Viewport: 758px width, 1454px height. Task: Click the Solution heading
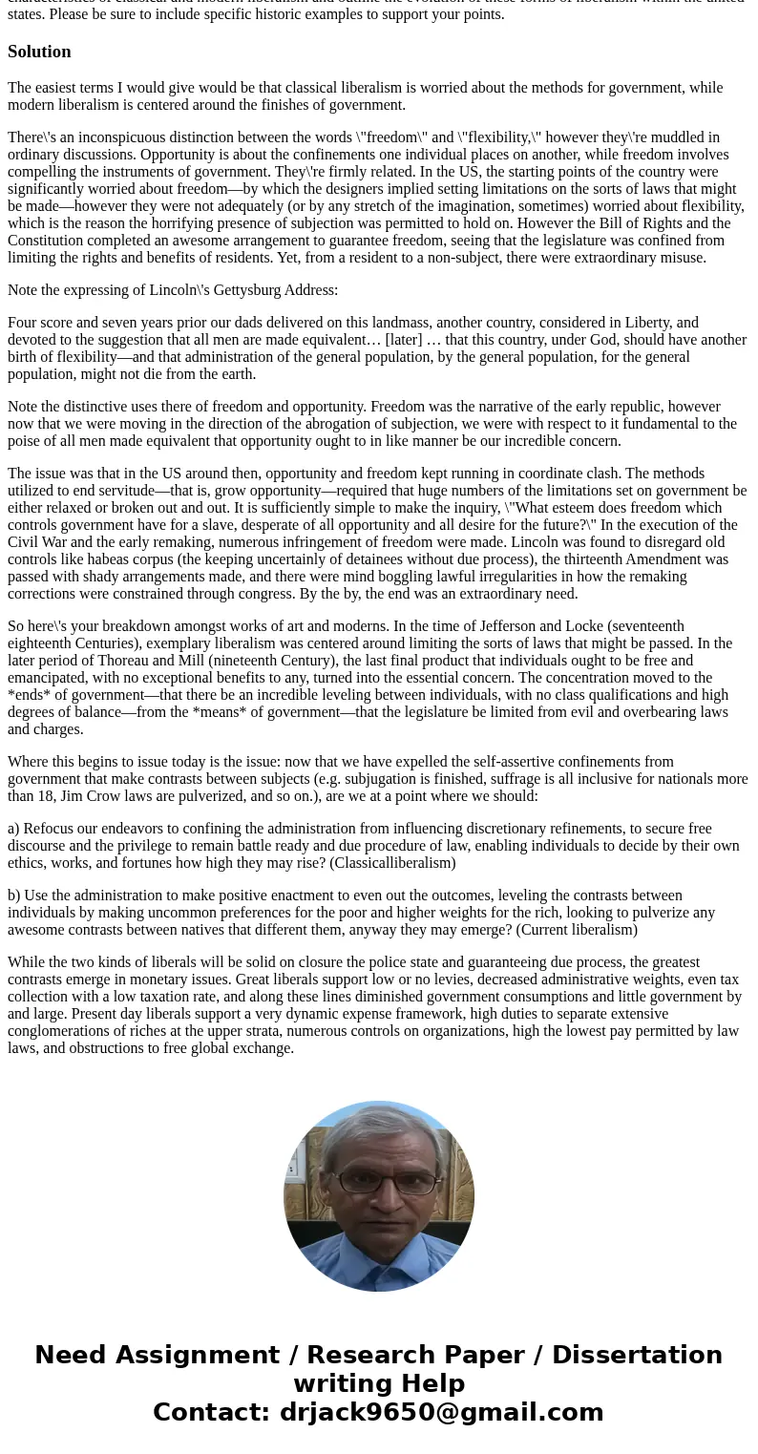(x=39, y=52)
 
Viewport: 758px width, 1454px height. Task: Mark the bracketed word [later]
(x=404, y=340)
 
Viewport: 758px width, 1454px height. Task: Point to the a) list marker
(x=13, y=829)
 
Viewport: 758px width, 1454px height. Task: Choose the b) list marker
(x=13, y=896)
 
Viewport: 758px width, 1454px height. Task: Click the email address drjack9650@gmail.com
(x=441, y=1413)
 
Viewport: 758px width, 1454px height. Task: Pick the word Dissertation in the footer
(x=637, y=1356)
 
